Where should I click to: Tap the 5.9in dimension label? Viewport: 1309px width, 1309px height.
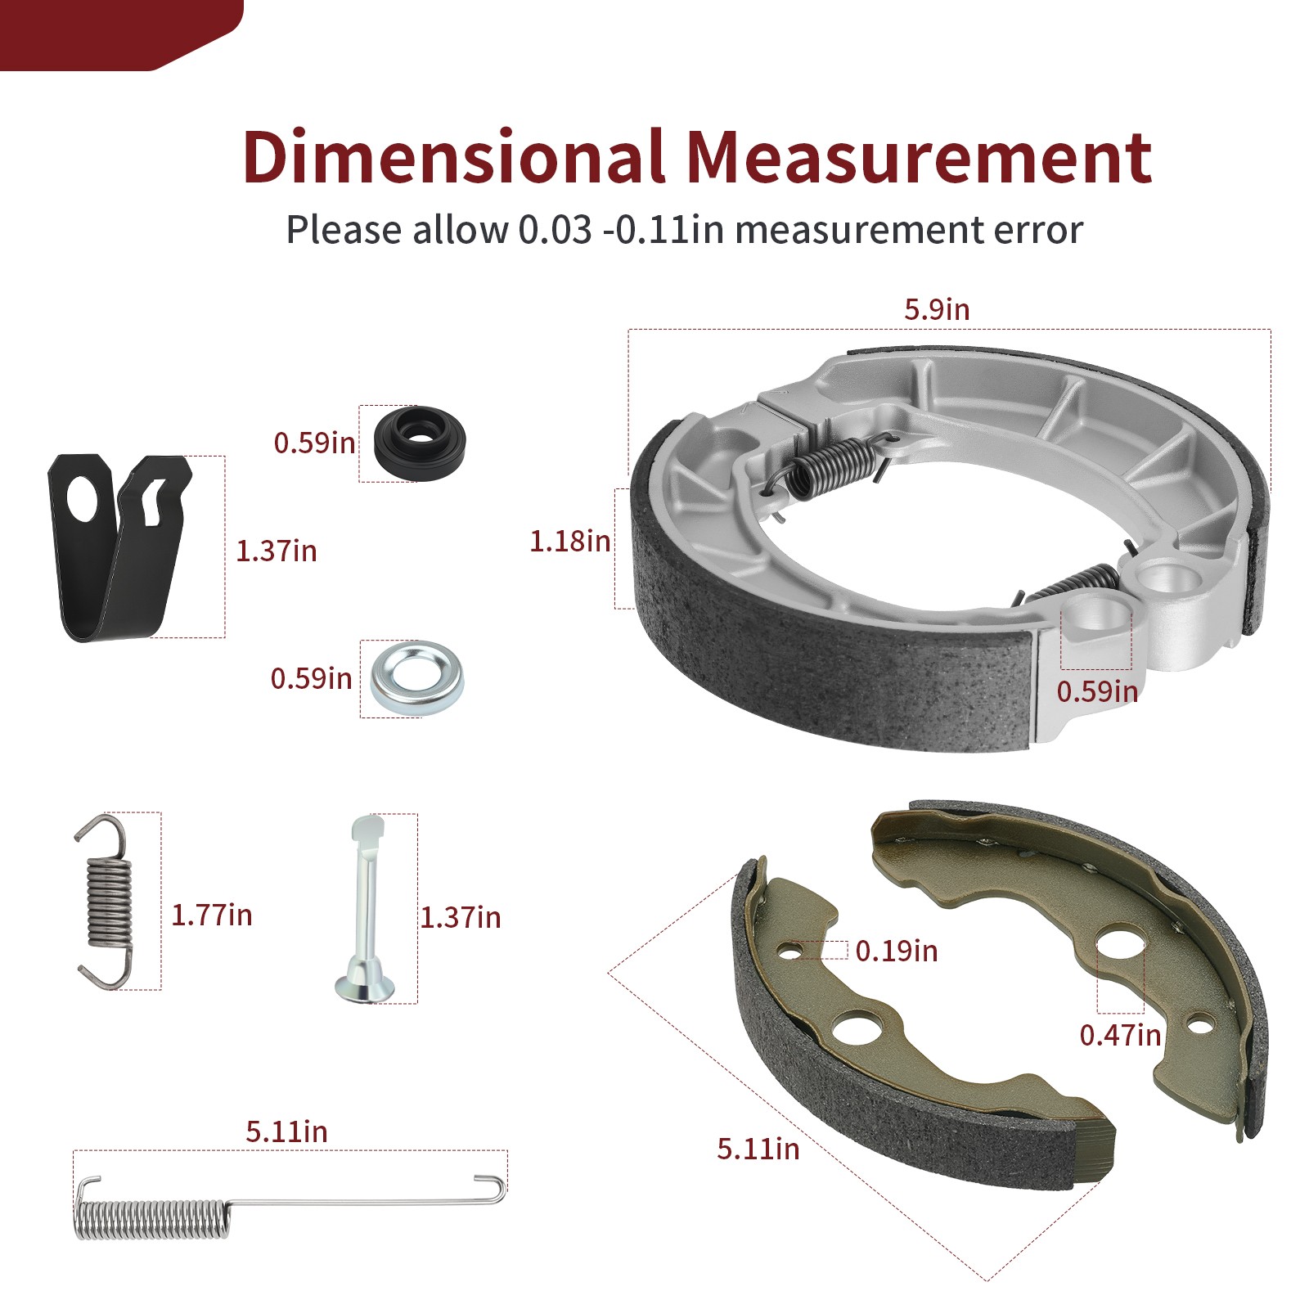pyautogui.click(x=937, y=310)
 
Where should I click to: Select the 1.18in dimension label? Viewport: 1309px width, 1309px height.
pyautogui.click(x=569, y=541)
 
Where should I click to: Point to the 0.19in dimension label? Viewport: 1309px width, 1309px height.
pyautogui.click(x=897, y=951)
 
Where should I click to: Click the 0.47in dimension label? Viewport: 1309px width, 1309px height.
pyautogui.click(x=1120, y=1035)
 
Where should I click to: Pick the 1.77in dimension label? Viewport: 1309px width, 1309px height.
pyautogui.click(x=211, y=915)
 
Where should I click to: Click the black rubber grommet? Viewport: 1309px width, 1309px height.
pyautogui.click(x=419, y=443)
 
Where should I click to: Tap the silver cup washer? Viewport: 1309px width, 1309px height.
pyautogui.click(x=416, y=678)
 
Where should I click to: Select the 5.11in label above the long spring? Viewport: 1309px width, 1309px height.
pyautogui.click(x=286, y=1132)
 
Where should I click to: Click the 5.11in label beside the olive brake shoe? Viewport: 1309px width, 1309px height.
pyautogui.click(x=758, y=1149)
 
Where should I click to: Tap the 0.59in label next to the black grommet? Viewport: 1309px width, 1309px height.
pyautogui.click(x=314, y=443)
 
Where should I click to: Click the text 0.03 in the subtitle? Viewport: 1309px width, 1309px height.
pyautogui.click(x=555, y=230)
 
